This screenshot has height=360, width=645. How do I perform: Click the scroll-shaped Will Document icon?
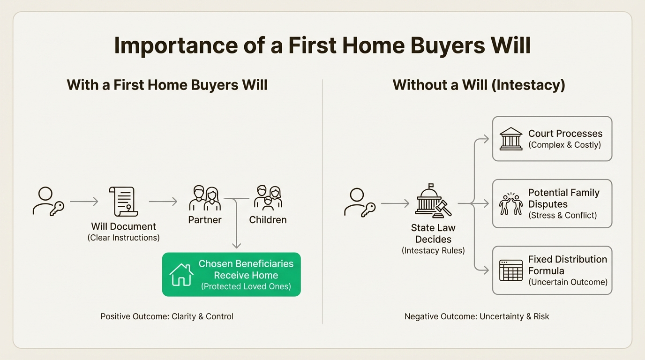click(123, 202)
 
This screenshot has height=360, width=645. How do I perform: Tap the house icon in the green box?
click(181, 275)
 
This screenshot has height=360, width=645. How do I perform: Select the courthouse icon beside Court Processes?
click(511, 139)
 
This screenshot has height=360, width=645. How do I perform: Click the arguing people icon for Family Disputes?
click(511, 203)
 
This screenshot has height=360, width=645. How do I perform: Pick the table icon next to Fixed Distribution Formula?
click(511, 270)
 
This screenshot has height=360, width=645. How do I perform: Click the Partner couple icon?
click(205, 198)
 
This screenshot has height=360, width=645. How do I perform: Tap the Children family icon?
click(268, 198)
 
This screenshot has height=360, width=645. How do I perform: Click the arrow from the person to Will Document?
click(84, 202)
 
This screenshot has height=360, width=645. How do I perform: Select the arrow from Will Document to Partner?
click(163, 202)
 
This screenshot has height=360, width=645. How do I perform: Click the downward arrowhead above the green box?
click(236, 245)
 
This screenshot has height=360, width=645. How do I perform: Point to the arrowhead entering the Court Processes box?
click(486, 139)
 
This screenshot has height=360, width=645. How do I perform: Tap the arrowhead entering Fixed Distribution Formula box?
click(486, 270)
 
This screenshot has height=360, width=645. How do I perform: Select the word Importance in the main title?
click(176, 45)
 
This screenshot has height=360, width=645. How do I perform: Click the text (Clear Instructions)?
click(124, 238)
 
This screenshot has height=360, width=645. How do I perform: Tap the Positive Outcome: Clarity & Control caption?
click(167, 316)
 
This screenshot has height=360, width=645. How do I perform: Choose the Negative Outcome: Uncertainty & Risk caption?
click(477, 316)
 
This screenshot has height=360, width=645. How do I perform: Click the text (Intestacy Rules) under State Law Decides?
click(433, 251)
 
